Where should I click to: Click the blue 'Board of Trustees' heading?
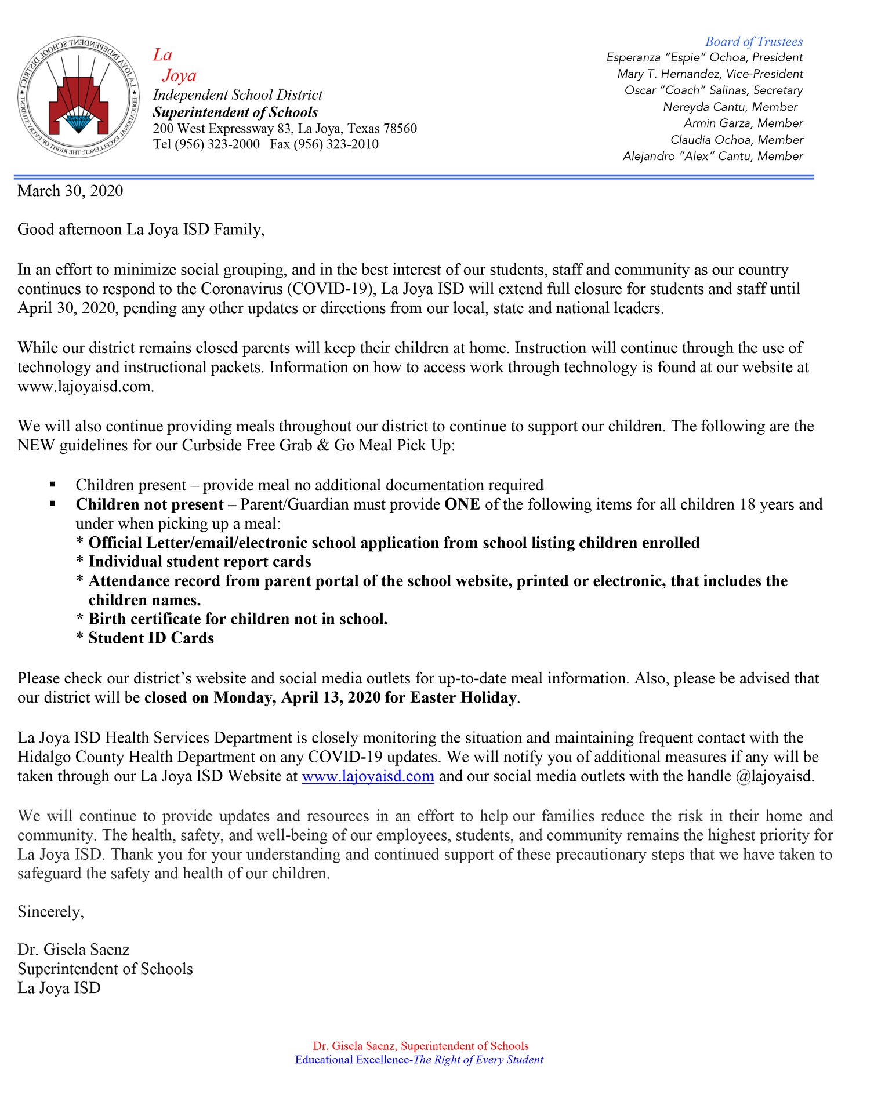(753, 42)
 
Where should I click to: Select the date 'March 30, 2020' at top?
(70, 191)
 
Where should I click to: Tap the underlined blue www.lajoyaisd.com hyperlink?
(368, 776)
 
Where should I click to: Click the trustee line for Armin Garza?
(743, 123)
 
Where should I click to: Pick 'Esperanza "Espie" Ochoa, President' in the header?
(704, 57)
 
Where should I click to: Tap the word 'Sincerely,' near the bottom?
(51, 912)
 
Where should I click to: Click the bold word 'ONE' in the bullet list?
(462, 504)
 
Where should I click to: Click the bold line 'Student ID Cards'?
(151, 638)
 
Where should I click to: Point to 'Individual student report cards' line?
(200, 562)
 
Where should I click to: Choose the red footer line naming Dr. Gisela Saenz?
(420, 1046)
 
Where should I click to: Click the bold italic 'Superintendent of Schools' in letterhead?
(235, 112)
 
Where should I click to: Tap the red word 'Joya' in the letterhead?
(179, 75)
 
